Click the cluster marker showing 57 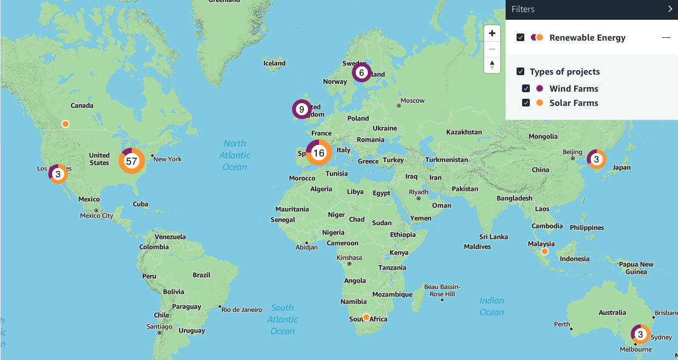131,161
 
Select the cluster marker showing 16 318,153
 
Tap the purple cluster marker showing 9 301,109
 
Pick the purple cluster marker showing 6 361,72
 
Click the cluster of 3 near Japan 596,159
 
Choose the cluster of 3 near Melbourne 640,334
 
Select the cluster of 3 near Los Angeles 58,174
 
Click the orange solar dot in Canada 65,124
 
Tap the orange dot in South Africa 366,317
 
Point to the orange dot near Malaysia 545,251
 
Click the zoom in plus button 492,33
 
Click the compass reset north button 492,65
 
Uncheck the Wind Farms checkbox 526,88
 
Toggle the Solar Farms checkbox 526,103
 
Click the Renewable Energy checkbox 520,37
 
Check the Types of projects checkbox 520,71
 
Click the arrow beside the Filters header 670,9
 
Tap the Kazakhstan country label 464,132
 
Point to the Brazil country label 201,275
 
